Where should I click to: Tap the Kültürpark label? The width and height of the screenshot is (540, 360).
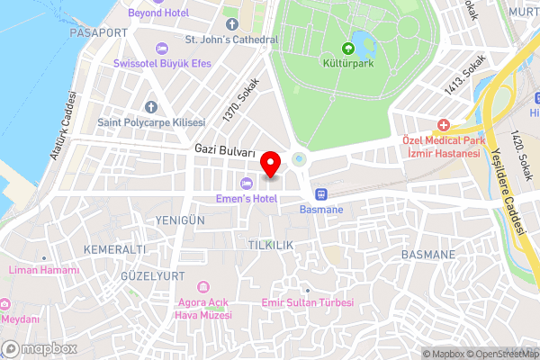(x=347, y=64)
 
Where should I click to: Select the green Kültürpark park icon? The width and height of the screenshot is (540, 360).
(x=348, y=49)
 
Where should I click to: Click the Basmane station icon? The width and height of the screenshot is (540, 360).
(x=319, y=193)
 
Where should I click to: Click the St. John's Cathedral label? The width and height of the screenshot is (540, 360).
(x=231, y=40)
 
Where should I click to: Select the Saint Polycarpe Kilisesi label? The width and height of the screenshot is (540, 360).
(x=151, y=121)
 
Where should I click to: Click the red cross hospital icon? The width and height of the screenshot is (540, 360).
(x=443, y=126)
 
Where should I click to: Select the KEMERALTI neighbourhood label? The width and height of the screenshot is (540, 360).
(x=113, y=247)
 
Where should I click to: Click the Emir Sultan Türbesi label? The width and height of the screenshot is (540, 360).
(x=307, y=303)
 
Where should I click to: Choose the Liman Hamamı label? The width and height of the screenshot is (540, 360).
(x=43, y=270)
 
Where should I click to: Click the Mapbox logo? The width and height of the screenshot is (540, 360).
(x=39, y=348)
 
